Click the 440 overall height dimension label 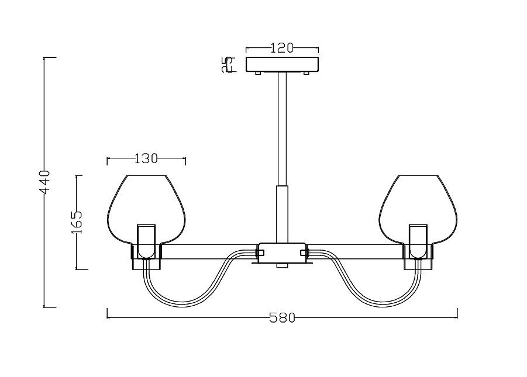44,182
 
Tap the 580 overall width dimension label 282,317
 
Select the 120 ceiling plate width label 282,48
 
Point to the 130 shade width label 146,158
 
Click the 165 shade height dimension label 77,223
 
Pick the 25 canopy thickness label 227,64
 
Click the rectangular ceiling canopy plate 282,64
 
